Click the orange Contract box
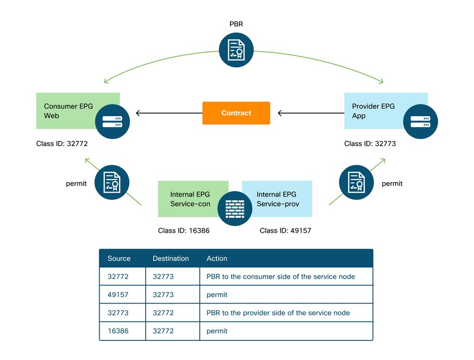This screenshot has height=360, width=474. pyautogui.click(x=236, y=113)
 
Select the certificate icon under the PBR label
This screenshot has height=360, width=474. pyautogui.click(x=236, y=50)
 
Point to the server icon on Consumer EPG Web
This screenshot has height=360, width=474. pyautogui.click(x=112, y=121)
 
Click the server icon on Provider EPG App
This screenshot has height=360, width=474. pyautogui.click(x=420, y=121)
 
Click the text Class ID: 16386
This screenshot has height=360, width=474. pyautogui.click(x=184, y=231)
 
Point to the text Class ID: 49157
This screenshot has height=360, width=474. pyautogui.click(x=285, y=231)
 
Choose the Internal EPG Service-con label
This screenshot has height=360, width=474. pyautogui.click(x=189, y=199)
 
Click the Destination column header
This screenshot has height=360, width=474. pyautogui.click(x=171, y=258)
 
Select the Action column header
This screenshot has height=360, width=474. pyautogui.click(x=217, y=258)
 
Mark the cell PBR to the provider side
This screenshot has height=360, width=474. pyautogui.click(x=278, y=313)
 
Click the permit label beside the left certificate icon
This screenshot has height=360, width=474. pyautogui.click(x=76, y=183)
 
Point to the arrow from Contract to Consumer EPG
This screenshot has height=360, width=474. pyautogui.click(x=169, y=113)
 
